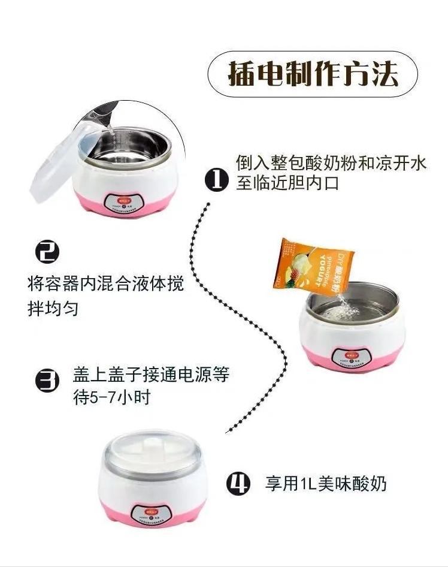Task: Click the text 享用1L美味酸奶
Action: pos(326,484)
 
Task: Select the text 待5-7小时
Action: pos(111,397)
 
